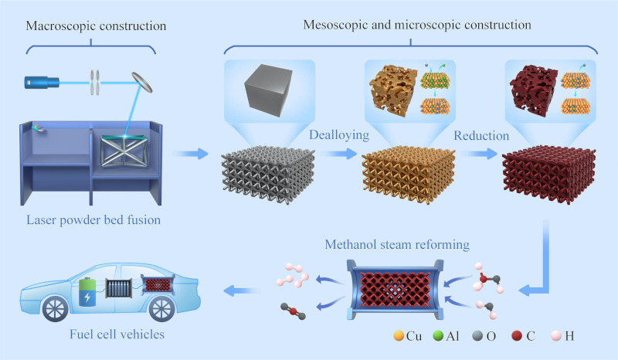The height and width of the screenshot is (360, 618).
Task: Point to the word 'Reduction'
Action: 481,136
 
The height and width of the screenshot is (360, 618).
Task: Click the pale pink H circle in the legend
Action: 563,337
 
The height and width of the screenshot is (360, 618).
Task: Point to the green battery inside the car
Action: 88,295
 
